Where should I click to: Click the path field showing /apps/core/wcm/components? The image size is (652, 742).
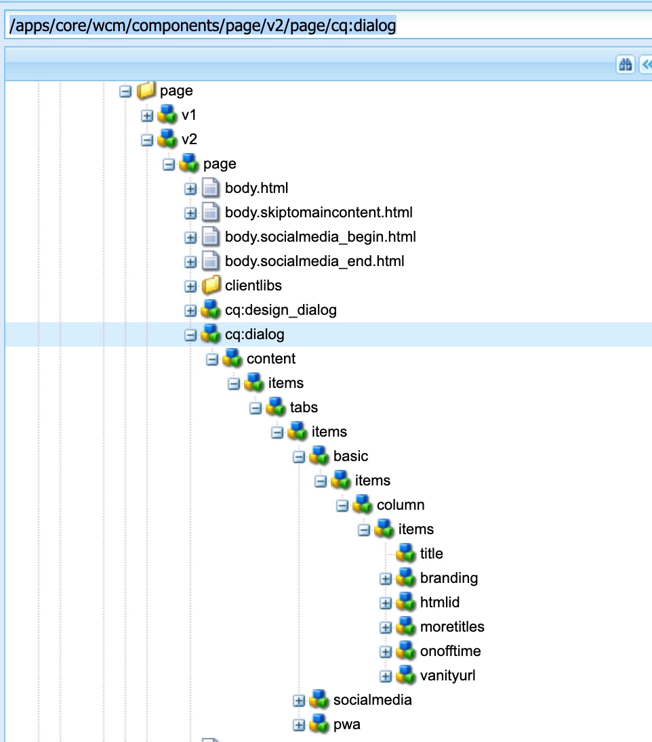click(x=325, y=26)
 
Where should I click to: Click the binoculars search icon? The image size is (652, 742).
click(x=624, y=64)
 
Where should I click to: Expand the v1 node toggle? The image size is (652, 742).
click(x=147, y=116)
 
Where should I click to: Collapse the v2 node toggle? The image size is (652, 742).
click(x=147, y=140)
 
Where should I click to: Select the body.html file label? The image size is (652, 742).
click(x=256, y=188)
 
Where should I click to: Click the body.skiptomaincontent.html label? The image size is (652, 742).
click(x=319, y=213)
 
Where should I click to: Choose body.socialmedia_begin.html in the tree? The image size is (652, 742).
click(x=320, y=237)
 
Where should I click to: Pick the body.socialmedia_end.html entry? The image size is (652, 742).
click(x=314, y=261)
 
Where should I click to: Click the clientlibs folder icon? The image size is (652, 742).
click(x=211, y=286)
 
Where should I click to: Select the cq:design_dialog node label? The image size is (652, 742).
click(x=281, y=310)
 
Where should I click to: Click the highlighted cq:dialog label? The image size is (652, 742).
click(x=255, y=334)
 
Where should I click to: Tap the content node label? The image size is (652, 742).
click(x=271, y=359)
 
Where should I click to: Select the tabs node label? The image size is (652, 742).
click(x=304, y=408)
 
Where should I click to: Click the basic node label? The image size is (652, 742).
click(x=350, y=456)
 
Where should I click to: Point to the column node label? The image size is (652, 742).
click(x=401, y=505)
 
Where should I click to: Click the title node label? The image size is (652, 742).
click(x=431, y=554)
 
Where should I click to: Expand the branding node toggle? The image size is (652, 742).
click(x=386, y=579)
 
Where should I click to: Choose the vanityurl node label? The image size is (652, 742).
click(x=447, y=676)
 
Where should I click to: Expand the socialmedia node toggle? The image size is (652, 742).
click(x=299, y=701)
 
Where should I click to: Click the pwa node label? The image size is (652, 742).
click(x=346, y=724)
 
